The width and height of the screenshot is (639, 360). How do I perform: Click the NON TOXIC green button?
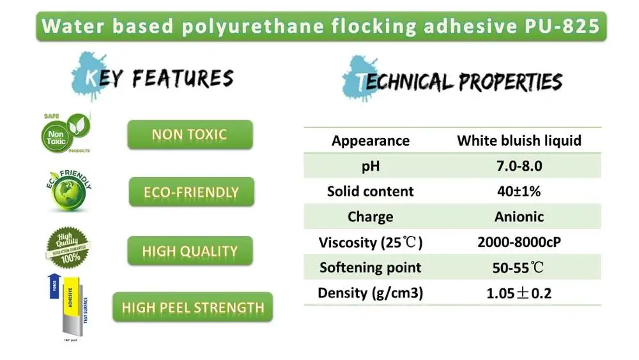(190, 134)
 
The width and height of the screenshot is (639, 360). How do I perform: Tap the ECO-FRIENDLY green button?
(192, 192)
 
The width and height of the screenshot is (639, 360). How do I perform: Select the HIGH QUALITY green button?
(190, 251)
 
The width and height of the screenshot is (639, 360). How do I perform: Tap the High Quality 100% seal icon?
(67, 248)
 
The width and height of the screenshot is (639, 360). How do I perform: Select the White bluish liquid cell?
(519, 141)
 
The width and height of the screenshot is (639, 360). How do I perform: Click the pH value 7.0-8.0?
(519, 166)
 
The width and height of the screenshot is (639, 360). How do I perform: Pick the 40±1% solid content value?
(519, 191)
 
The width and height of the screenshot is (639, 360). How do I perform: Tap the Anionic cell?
(519, 217)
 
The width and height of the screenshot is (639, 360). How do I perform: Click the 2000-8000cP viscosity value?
(519, 242)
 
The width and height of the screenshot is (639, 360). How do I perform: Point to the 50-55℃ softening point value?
(519, 267)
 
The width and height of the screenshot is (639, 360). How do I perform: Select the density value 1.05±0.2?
(519, 293)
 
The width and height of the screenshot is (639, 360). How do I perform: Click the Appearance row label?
(371, 141)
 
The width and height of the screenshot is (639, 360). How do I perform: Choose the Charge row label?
(371, 217)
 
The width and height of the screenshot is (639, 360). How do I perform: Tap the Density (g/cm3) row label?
(371, 293)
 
